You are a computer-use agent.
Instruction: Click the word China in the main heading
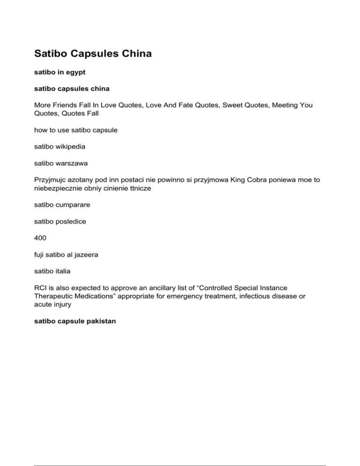coord(134,54)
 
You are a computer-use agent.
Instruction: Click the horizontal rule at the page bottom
coord(180,453)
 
